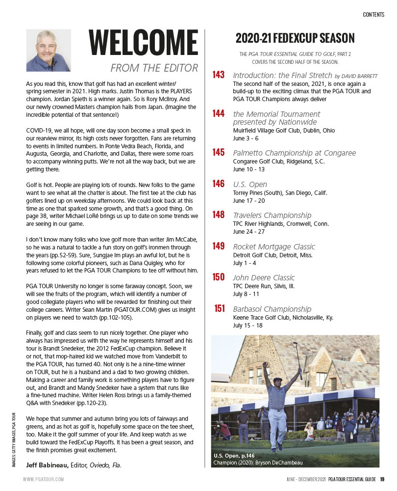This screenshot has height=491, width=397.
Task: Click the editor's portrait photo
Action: click(x=48, y=50)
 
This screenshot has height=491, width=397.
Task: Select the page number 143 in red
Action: click(x=219, y=75)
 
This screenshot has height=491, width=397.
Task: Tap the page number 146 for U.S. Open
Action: click(x=219, y=184)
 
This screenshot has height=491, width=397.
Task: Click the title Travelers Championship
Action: click(x=272, y=216)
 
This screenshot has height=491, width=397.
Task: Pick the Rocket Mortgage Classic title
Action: click(x=274, y=246)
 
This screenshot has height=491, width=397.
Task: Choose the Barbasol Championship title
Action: click(x=272, y=309)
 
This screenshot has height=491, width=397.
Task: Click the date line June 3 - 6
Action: click(x=246, y=138)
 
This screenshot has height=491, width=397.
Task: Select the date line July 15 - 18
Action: click(x=248, y=325)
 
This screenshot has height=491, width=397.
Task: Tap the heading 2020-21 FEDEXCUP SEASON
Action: click(x=295, y=38)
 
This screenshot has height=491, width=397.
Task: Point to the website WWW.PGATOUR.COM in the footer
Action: click(x=43, y=479)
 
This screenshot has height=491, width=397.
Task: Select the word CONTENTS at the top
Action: click(x=373, y=15)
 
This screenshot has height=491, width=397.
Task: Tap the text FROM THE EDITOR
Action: click(x=154, y=68)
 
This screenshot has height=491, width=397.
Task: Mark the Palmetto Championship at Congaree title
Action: click(x=294, y=153)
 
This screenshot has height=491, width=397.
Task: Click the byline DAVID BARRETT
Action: click(x=360, y=76)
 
